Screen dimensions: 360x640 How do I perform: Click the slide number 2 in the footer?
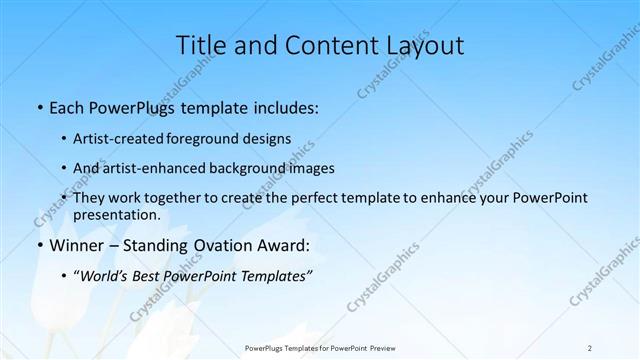tap(590, 348)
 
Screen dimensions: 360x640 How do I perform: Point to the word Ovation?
tap(216, 246)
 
